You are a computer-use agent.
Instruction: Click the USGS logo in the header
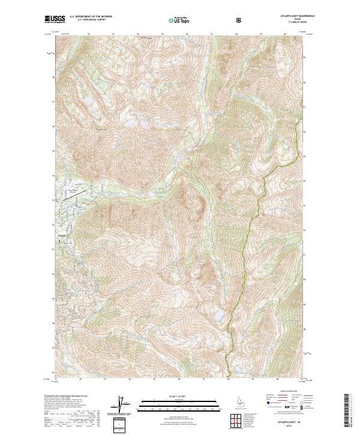pos(55,20)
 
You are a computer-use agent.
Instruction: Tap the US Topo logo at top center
pos(176,20)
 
